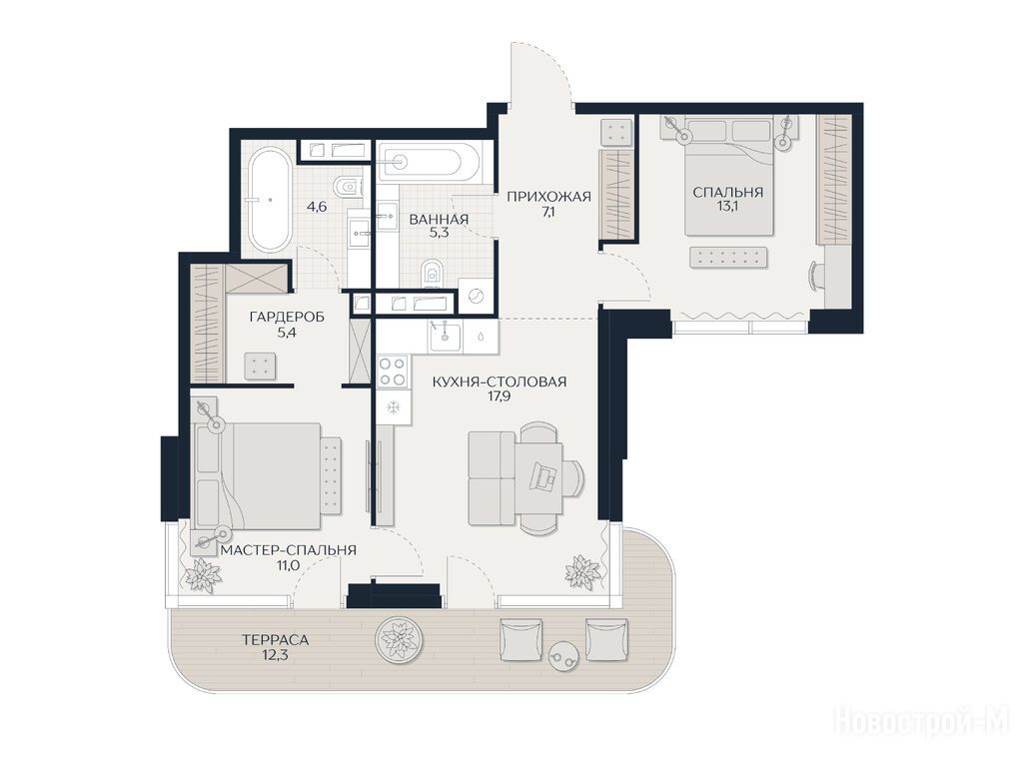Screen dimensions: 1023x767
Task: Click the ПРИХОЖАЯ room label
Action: click(x=548, y=197)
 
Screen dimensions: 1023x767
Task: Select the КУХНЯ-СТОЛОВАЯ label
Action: click(x=500, y=382)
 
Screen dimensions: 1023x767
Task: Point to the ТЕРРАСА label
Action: click(x=275, y=640)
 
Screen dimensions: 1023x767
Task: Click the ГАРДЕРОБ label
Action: click(x=287, y=317)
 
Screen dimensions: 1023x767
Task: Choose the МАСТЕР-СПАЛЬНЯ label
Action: click(x=289, y=550)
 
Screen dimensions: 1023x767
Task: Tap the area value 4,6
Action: click(x=317, y=207)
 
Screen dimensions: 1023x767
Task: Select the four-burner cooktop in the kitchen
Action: click(x=392, y=372)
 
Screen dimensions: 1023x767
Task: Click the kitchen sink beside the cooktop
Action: click(x=445, y=336)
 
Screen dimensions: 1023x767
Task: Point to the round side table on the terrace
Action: click(x=563, y=655)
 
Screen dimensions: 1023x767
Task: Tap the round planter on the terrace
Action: click(x=400, y=640)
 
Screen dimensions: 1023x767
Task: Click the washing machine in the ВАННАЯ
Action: click(x=476, y=297)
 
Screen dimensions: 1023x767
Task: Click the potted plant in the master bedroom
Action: click(x=203, y=574)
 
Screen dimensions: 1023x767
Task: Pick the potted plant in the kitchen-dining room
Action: click(x=582, y=571)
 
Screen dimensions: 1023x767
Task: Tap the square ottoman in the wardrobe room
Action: click(x=260, y=366)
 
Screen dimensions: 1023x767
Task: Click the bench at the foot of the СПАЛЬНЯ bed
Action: click(x=728, y=257)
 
